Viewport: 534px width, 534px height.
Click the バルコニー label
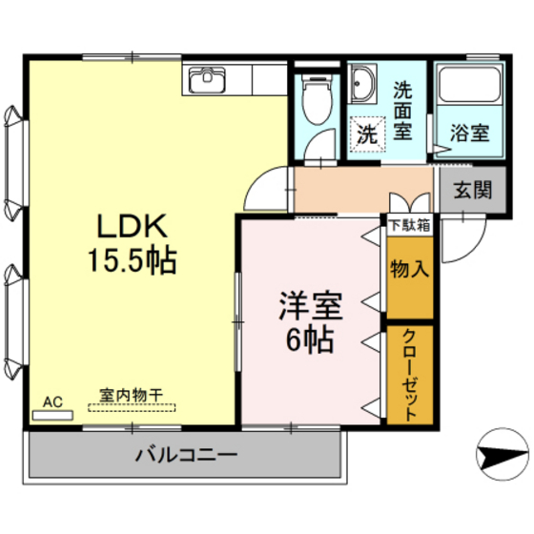185,456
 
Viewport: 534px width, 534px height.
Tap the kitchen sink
206,80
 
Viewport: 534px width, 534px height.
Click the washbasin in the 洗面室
361,87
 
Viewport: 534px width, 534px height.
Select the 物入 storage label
409,269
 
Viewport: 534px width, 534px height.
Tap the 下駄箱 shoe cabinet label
409,225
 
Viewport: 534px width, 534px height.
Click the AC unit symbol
51,415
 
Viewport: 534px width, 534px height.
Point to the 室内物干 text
132,393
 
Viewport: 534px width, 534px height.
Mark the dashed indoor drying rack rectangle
132,406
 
